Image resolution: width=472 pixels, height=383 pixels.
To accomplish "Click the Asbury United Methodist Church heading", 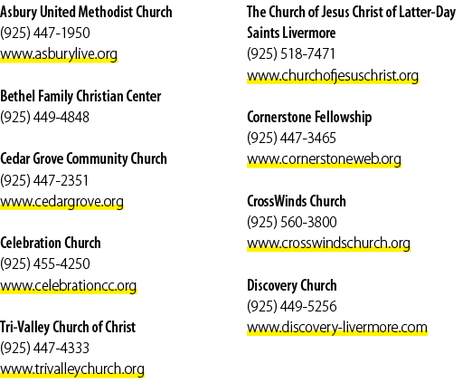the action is (86, 13).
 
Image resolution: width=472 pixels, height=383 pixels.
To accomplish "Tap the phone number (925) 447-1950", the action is (45, 33).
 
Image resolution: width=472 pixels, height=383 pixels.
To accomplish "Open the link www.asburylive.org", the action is (59, 54).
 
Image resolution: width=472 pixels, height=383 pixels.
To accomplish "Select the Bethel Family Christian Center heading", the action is (80, 97).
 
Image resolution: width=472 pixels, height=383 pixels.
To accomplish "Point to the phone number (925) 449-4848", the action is (44, 117).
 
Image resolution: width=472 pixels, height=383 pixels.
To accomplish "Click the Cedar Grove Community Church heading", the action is (83, 159).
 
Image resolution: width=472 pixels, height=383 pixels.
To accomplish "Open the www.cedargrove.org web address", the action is (61, 202).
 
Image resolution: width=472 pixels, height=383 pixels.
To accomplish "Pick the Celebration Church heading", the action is (51, 243).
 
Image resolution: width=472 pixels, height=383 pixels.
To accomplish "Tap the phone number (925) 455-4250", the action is (45, 263).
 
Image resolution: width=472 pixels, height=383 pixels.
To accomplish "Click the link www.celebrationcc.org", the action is (69, 286).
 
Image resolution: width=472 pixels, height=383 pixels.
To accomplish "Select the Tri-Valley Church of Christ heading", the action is (68, 328).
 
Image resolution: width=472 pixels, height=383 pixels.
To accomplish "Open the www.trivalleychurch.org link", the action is (72, 369).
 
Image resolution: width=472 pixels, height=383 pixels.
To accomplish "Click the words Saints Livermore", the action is (291, 33).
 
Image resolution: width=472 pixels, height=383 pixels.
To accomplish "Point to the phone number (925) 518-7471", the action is (291, 54).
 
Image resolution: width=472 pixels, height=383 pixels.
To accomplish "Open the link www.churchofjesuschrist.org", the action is (333, 76).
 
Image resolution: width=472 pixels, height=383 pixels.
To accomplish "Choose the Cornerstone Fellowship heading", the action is (309, 118).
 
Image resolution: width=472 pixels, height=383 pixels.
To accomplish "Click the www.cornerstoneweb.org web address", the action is (324, 159).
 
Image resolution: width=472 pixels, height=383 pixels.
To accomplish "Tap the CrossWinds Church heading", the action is (297, 201).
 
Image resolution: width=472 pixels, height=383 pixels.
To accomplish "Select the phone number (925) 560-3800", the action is (292, 223).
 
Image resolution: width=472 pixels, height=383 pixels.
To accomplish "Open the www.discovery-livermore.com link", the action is (337, 328).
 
